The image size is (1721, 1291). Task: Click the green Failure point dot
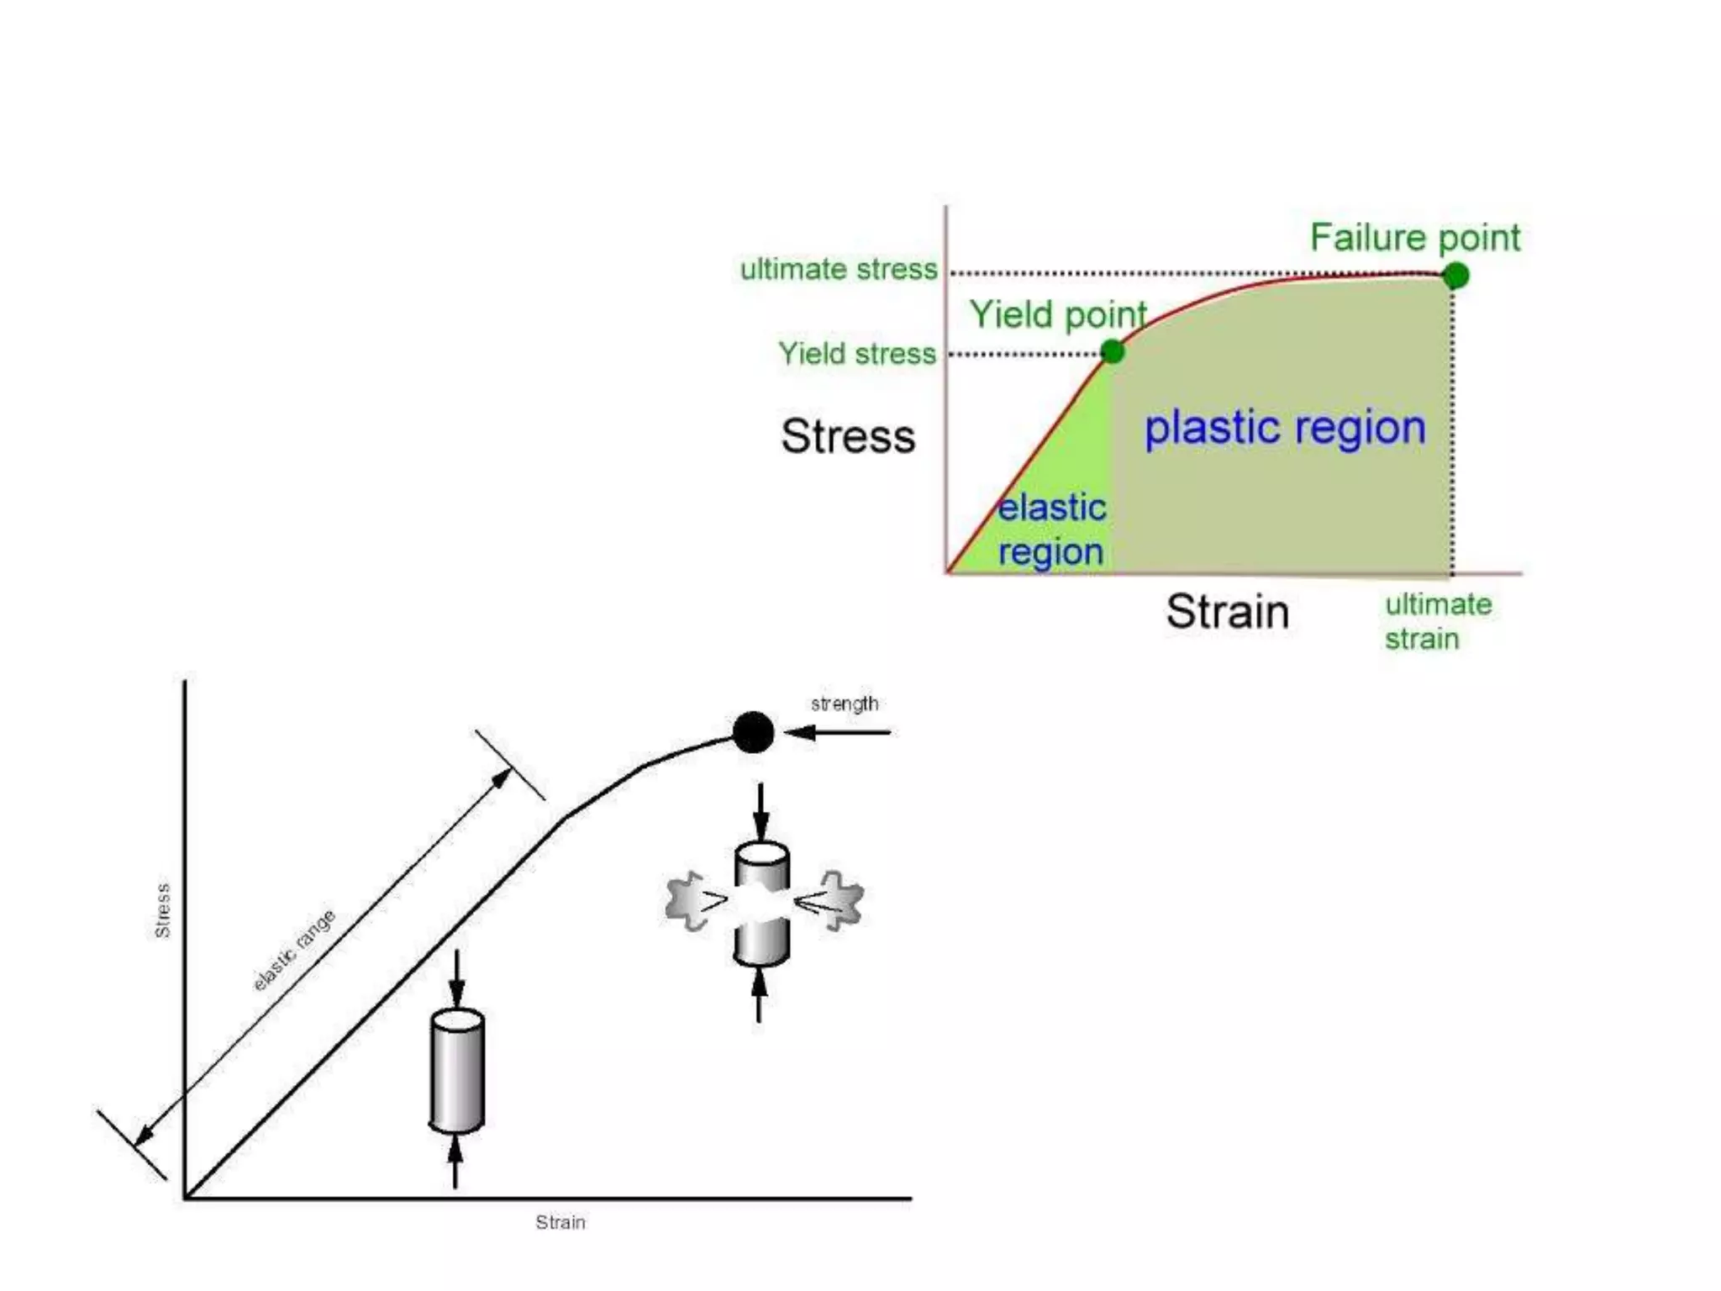click(1455, 275)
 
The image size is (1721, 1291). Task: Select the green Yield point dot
click(1112, 350)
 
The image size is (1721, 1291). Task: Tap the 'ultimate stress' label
click(838, 269)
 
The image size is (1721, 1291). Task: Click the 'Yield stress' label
click(856, 353)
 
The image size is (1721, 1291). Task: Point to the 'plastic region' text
click(1285, 428)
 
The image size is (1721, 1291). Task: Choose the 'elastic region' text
click(1051, 530)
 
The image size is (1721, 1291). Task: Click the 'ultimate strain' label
click(1438, 621)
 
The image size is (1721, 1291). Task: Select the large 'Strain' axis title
click(1227, 611)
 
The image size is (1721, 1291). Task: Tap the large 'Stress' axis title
click(848, 436)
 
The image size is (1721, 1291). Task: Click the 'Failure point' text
click(1415, 238)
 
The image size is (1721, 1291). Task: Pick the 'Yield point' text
click(1058, 315)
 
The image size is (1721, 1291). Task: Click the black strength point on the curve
click(753, 732)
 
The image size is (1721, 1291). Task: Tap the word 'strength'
click(845, 703)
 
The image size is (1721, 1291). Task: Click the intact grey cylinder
click(456, 1071)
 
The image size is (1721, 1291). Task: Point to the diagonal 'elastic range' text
click(294, 950)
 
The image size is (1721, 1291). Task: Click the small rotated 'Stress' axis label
click(163, 910)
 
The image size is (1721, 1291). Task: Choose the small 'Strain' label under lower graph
click(561, 1222)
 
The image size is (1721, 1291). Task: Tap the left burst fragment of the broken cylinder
click(693, 901)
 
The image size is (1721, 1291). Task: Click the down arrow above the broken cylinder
click(761, 812)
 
